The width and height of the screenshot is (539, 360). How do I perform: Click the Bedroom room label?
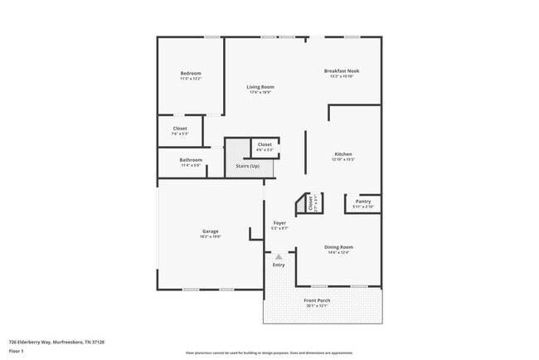(x=191, y=74)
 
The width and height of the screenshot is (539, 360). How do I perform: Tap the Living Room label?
(x=260, y=87)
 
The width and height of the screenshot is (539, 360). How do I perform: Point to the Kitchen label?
(x=343, y=154)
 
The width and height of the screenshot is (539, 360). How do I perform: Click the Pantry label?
(x=363, y=202)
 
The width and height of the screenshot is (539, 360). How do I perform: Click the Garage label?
(x=210, y=231)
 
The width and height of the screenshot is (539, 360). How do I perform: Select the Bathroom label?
(x=191, y=160)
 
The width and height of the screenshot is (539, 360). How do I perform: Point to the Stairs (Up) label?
(x=248, y=166)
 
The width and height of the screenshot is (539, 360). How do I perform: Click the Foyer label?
(x=280, y=223)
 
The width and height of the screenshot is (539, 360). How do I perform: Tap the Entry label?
(x=279, y=265)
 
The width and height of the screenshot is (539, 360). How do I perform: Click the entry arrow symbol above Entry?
(x=279, y=256)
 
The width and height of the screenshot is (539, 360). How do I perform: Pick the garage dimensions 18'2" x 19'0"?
(x=210, y=237)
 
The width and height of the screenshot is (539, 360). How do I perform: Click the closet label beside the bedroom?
(x=180, y=129)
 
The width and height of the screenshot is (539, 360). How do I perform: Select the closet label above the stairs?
(x=265, y=145)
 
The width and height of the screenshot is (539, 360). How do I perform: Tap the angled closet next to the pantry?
(x=310, y=202)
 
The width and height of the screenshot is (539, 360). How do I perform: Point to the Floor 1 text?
(x=17, y=349)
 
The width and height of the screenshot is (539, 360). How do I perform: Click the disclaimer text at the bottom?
(x=269, y=353)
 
